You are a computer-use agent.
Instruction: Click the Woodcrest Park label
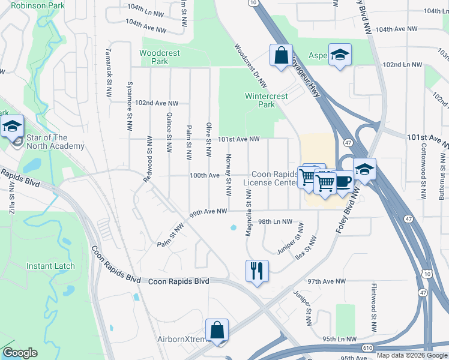(x=159, y=57)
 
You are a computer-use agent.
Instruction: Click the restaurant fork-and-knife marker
(x=257, y=271)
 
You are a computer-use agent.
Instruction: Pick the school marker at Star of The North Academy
(x=12, y=127)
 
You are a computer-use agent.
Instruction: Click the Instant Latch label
(x=50, y=266)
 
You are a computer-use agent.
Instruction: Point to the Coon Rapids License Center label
(x=270, y=179)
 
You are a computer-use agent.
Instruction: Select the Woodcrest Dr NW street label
(x=250, y=66)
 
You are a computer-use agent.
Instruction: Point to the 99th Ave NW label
(x=208, y=211)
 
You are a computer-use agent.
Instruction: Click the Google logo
(x=20, y=353)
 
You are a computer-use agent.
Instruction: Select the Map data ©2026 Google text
(x=412, y=355)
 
